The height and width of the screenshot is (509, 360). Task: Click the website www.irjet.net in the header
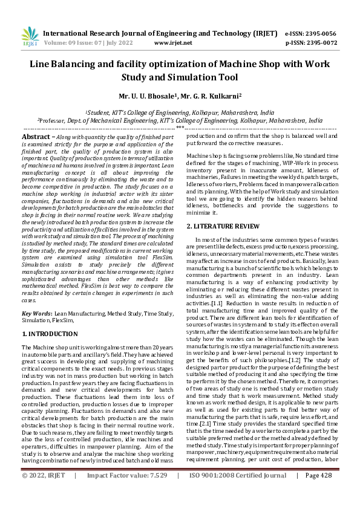pos(173,44)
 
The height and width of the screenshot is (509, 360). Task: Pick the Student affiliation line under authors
pos(179,112)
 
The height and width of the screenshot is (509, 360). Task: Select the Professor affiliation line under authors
pos(180,120)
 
